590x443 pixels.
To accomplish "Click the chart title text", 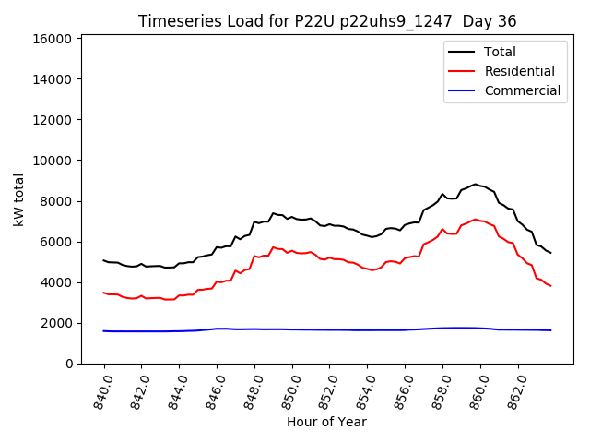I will [327, 21].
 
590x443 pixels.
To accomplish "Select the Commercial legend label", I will [523, 90].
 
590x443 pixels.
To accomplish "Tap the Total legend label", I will [501, 52].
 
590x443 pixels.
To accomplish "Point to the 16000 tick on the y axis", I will [53, 39].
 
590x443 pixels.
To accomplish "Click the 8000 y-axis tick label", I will [57, 201].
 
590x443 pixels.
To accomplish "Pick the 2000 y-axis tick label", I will [57, 323].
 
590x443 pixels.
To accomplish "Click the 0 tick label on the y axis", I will [68, 364].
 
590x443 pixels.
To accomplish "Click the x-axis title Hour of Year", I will [326, 422].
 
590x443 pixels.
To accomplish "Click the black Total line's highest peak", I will [476, 185].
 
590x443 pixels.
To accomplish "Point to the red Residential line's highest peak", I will [476, 220].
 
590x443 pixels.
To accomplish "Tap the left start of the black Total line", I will [103, 260].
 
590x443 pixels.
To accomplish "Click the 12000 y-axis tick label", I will [53, 120].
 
